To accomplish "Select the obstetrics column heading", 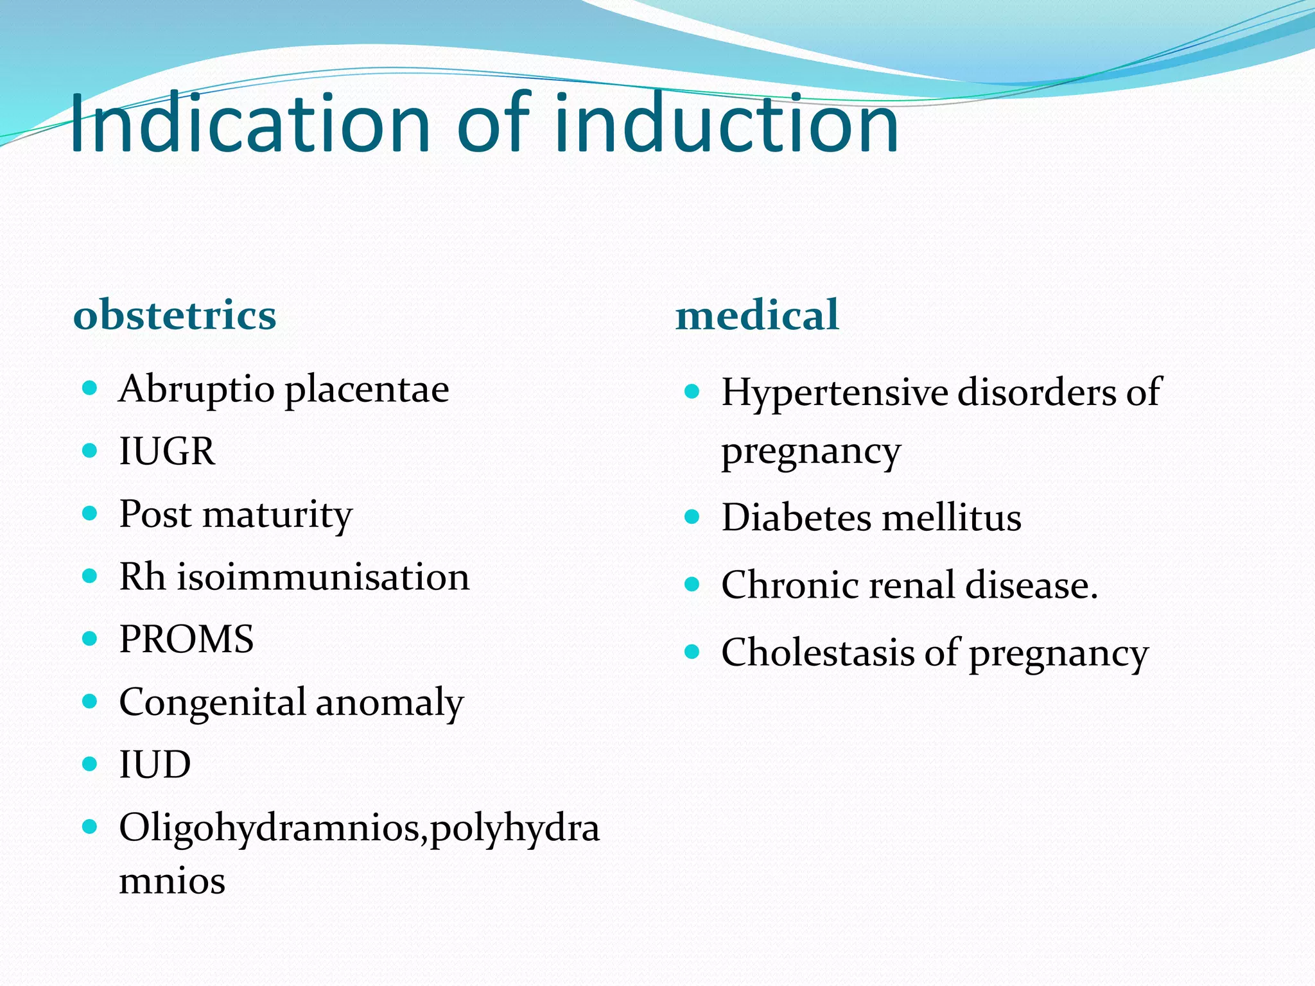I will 175,315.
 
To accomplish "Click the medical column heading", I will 757,315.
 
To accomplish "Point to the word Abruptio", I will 196,390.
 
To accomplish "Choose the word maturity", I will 277,515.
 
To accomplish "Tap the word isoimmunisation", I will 323,576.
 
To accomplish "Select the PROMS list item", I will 186,639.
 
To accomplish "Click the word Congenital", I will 213,702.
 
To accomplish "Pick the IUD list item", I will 155,764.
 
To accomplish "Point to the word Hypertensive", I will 835,393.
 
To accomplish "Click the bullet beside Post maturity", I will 90,514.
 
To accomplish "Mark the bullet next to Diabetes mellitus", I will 692,517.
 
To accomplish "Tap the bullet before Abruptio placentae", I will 90,388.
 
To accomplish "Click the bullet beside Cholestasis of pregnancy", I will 692,652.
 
